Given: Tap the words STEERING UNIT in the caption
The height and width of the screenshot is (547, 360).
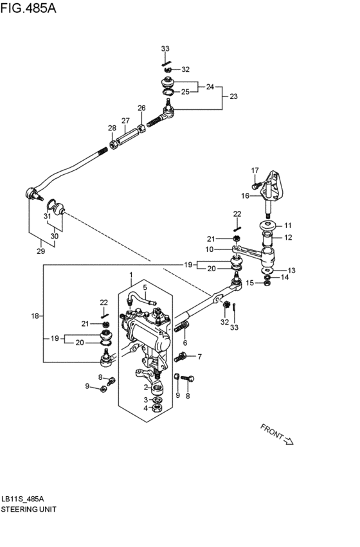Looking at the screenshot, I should [29, 508].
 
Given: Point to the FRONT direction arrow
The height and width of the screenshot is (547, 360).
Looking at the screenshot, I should [276, 435].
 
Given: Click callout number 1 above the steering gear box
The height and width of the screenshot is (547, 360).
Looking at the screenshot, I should [130, 276].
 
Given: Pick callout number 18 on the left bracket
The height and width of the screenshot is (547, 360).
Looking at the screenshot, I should [35, 316].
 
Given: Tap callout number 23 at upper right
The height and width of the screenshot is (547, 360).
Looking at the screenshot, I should [233, 96].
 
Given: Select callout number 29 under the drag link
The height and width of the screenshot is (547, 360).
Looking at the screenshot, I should [40, 251].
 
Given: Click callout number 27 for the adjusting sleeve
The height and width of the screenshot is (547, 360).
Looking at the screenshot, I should [125, 120].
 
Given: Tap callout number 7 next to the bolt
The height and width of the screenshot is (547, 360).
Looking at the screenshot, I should [199, 357].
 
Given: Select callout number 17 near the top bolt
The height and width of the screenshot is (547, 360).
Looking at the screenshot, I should [255, 170].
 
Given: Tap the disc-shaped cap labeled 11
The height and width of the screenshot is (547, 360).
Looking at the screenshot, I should [267, 226].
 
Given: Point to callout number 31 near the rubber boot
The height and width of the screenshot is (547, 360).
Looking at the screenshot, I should [47, 217].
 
